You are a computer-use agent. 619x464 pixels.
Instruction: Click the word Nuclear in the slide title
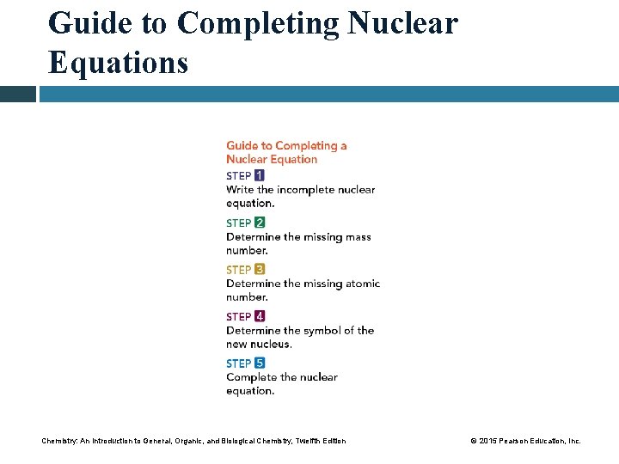tap(403, 22)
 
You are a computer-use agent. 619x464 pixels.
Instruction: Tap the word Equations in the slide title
tap(118, 62)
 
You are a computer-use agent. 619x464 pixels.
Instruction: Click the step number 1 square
tap(260, 175)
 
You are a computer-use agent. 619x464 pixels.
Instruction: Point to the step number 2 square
tap(260, 223)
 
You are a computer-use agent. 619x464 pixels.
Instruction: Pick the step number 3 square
tap(260, 270)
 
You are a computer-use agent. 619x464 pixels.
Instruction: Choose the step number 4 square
tap(260, 316)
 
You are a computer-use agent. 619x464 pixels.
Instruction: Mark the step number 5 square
tap(260, 363)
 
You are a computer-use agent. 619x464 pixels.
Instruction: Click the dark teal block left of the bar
tap(17, 94)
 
